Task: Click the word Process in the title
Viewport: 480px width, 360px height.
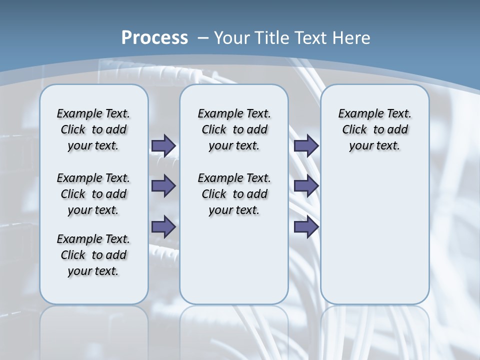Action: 154,37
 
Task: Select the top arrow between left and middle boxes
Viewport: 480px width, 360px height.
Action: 163,145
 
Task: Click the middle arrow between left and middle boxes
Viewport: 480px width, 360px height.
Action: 163,186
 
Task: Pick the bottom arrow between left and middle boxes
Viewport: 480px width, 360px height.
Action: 163,227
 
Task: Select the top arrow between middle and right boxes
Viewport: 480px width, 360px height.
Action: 306,145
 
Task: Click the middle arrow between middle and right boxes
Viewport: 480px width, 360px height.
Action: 306,186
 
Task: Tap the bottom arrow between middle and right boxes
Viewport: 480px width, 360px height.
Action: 306,227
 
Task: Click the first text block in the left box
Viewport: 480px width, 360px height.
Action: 93,129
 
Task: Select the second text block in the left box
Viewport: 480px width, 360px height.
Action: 93,194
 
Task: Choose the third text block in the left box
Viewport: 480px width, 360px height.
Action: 93,255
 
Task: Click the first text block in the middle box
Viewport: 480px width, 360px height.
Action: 234,129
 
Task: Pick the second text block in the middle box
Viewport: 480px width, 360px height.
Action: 234,194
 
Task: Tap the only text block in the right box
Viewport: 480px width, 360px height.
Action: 374,129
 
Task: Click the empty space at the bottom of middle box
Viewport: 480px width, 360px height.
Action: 234,265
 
